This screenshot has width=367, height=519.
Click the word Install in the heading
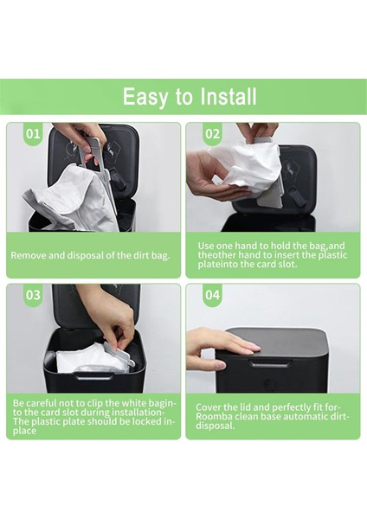click(229, 97)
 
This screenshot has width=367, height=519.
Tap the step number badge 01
click(33, 134)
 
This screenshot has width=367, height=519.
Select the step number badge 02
click(212, 134)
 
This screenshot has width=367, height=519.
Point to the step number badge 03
click(33, 295)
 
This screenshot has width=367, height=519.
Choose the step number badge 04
click(212, 295)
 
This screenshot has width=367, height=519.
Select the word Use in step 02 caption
click(205, 246)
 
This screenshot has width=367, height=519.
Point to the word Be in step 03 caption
click(18, 403)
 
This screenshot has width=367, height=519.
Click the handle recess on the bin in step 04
click(268, 363)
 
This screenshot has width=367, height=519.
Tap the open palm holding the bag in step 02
click(216, 179)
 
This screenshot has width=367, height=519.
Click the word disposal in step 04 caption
click(215, 426)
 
